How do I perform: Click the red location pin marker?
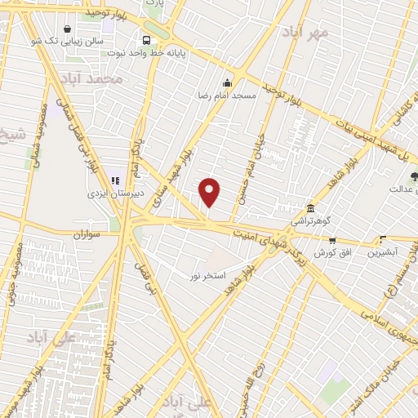point(211,193)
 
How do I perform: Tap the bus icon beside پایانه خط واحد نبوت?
point(146,40)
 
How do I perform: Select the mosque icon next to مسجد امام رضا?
point(227,82)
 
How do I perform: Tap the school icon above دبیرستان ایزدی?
point(115,180)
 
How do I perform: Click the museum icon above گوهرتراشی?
point(309,207)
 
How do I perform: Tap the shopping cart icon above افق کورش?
point(332,240)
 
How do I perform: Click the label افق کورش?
point(331,253)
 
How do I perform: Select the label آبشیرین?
point(384,253)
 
